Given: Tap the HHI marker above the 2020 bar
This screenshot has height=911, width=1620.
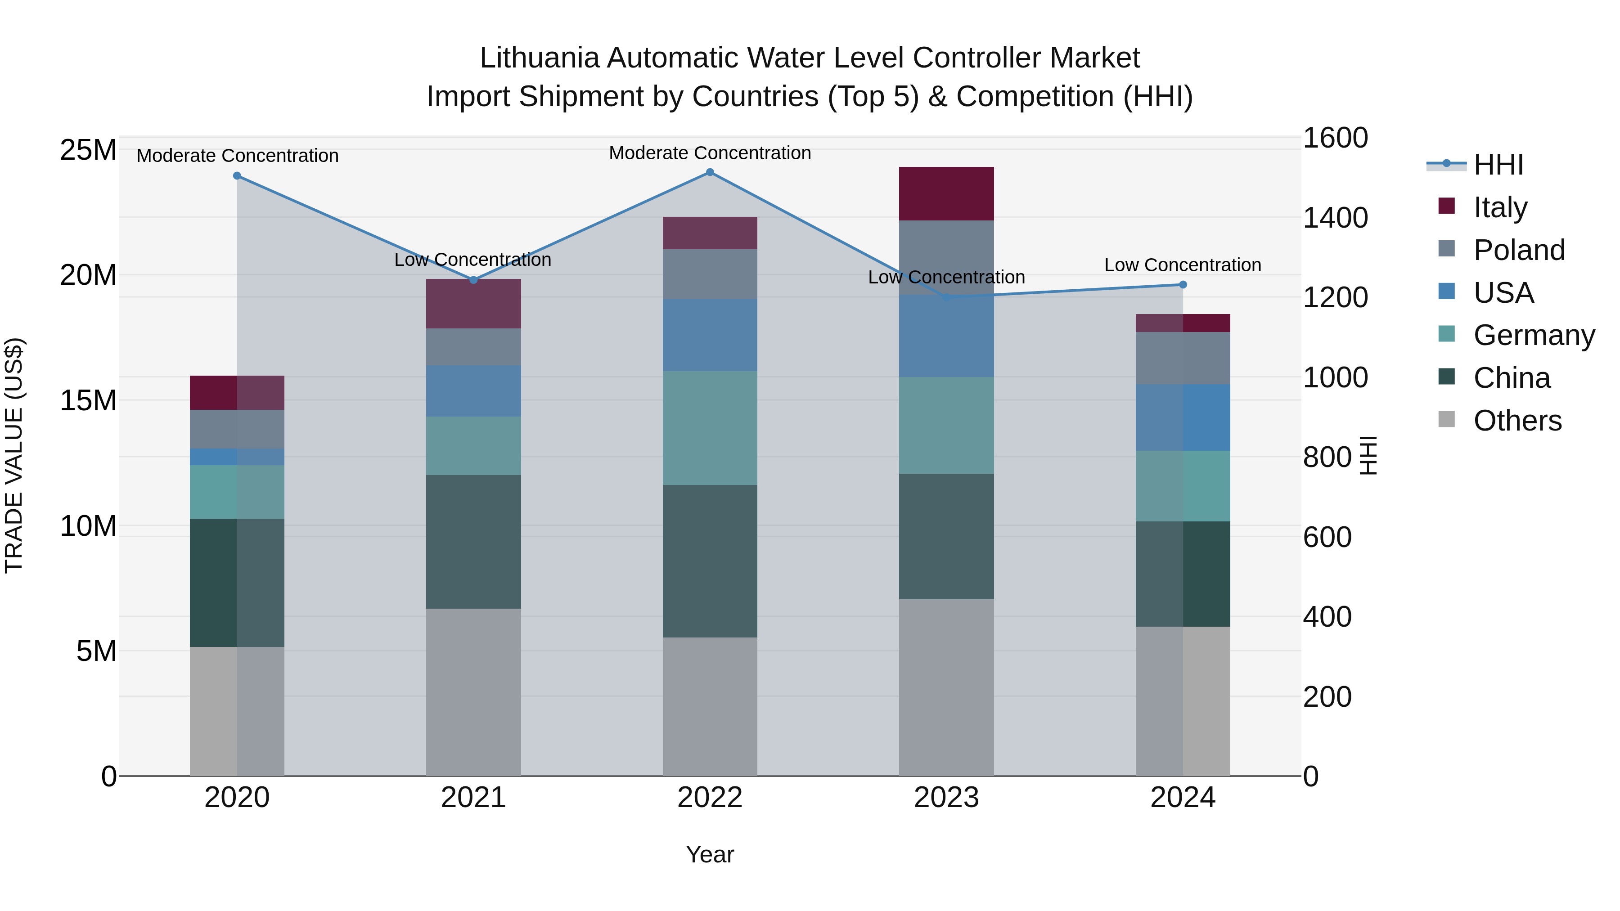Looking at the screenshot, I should pos(237,176).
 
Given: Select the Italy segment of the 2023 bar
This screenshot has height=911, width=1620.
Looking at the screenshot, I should pos(946,193).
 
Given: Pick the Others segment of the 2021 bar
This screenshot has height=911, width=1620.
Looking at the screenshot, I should pos(473,691).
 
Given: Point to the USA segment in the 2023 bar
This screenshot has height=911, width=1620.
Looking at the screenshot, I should pos(946,337).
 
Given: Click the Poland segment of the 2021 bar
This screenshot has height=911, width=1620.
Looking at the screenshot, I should pos(473,347).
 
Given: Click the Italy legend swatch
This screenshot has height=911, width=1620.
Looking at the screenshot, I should pos(1446,206).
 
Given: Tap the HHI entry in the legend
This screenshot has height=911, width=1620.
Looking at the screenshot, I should pos(1498,165).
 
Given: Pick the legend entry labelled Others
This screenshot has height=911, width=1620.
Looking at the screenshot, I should pos(1517,421).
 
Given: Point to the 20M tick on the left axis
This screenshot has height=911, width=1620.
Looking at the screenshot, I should pos(88,275).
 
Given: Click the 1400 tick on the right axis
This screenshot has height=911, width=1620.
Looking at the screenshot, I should pos(1335,218).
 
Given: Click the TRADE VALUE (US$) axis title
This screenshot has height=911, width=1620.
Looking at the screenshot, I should pos(14,455).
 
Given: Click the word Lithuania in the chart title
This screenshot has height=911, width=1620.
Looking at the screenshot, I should pos(539,58).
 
